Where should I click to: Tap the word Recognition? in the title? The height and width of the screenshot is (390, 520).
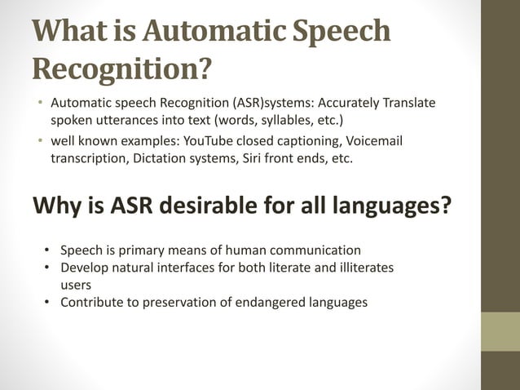point(118,70)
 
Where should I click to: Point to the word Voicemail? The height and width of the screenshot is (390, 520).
point(365,143)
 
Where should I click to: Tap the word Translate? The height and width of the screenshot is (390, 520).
point(404,103)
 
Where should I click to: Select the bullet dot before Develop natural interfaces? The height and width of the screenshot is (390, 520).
point(48,268)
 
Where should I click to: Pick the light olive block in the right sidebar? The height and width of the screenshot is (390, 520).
point(500,331)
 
